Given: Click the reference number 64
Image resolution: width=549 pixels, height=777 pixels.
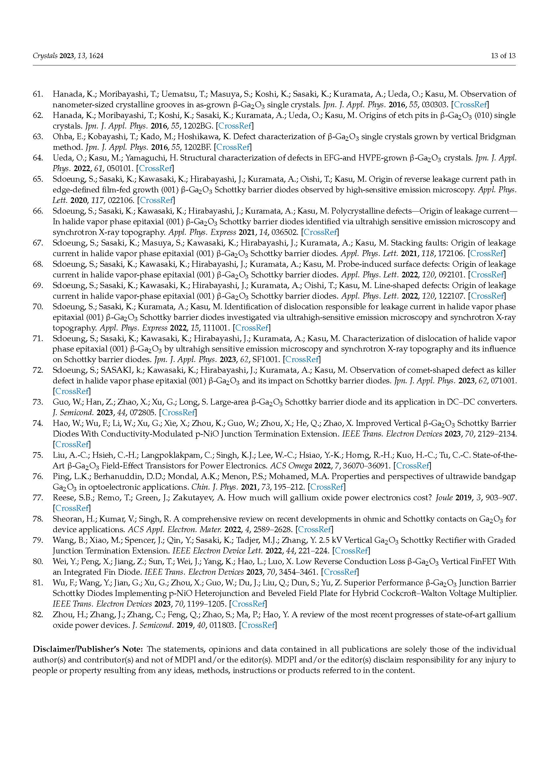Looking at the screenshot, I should click(x=38, y=158).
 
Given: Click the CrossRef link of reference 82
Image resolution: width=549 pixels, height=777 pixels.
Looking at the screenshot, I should click(x=258, y=625).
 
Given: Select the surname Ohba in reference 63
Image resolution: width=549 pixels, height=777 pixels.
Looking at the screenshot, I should click(x=61, y=137).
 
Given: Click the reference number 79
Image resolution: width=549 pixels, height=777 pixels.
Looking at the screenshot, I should click(x=38, y=540).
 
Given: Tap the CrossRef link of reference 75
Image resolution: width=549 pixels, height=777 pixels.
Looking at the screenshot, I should click(x=412, y=466).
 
